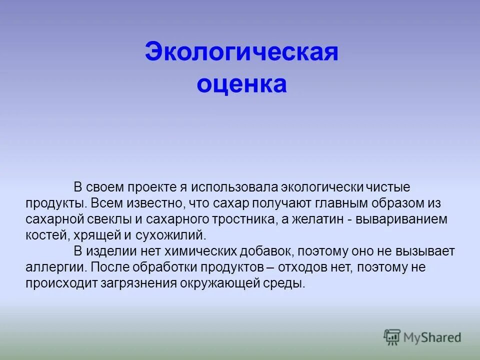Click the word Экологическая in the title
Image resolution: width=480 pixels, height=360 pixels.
point(241,52)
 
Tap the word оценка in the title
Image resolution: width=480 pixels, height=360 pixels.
point(241,84)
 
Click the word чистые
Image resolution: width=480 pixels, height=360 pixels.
point(388,187)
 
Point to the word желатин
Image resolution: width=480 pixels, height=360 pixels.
point(317,219)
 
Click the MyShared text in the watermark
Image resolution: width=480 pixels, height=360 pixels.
point(432,337)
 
